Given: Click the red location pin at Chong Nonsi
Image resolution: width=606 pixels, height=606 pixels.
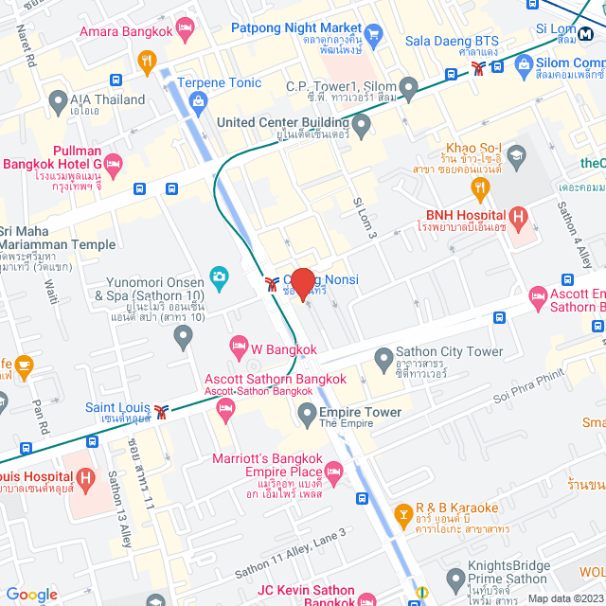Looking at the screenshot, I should click(302, 283).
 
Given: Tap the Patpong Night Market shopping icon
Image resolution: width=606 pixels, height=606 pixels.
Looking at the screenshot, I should click(373, 39).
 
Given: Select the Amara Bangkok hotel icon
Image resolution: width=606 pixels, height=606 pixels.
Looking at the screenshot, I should click(186, 32).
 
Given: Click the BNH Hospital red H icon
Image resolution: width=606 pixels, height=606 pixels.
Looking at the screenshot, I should click(518, 217).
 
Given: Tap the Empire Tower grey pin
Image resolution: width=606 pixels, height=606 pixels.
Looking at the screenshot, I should click(307, 413).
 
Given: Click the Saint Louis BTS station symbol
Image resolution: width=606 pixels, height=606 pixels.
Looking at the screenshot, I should click(164, 410).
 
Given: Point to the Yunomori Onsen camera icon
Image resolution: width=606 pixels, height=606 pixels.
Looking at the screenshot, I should click(220, 276).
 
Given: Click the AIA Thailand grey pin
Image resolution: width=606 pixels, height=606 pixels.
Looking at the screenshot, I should click(58, 99).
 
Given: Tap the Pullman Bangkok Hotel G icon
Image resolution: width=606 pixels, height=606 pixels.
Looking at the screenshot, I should click(114, 165).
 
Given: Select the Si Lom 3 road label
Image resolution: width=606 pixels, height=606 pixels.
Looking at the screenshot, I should click(365, 218).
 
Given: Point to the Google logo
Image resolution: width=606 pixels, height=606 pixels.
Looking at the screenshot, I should click(32, 595).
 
